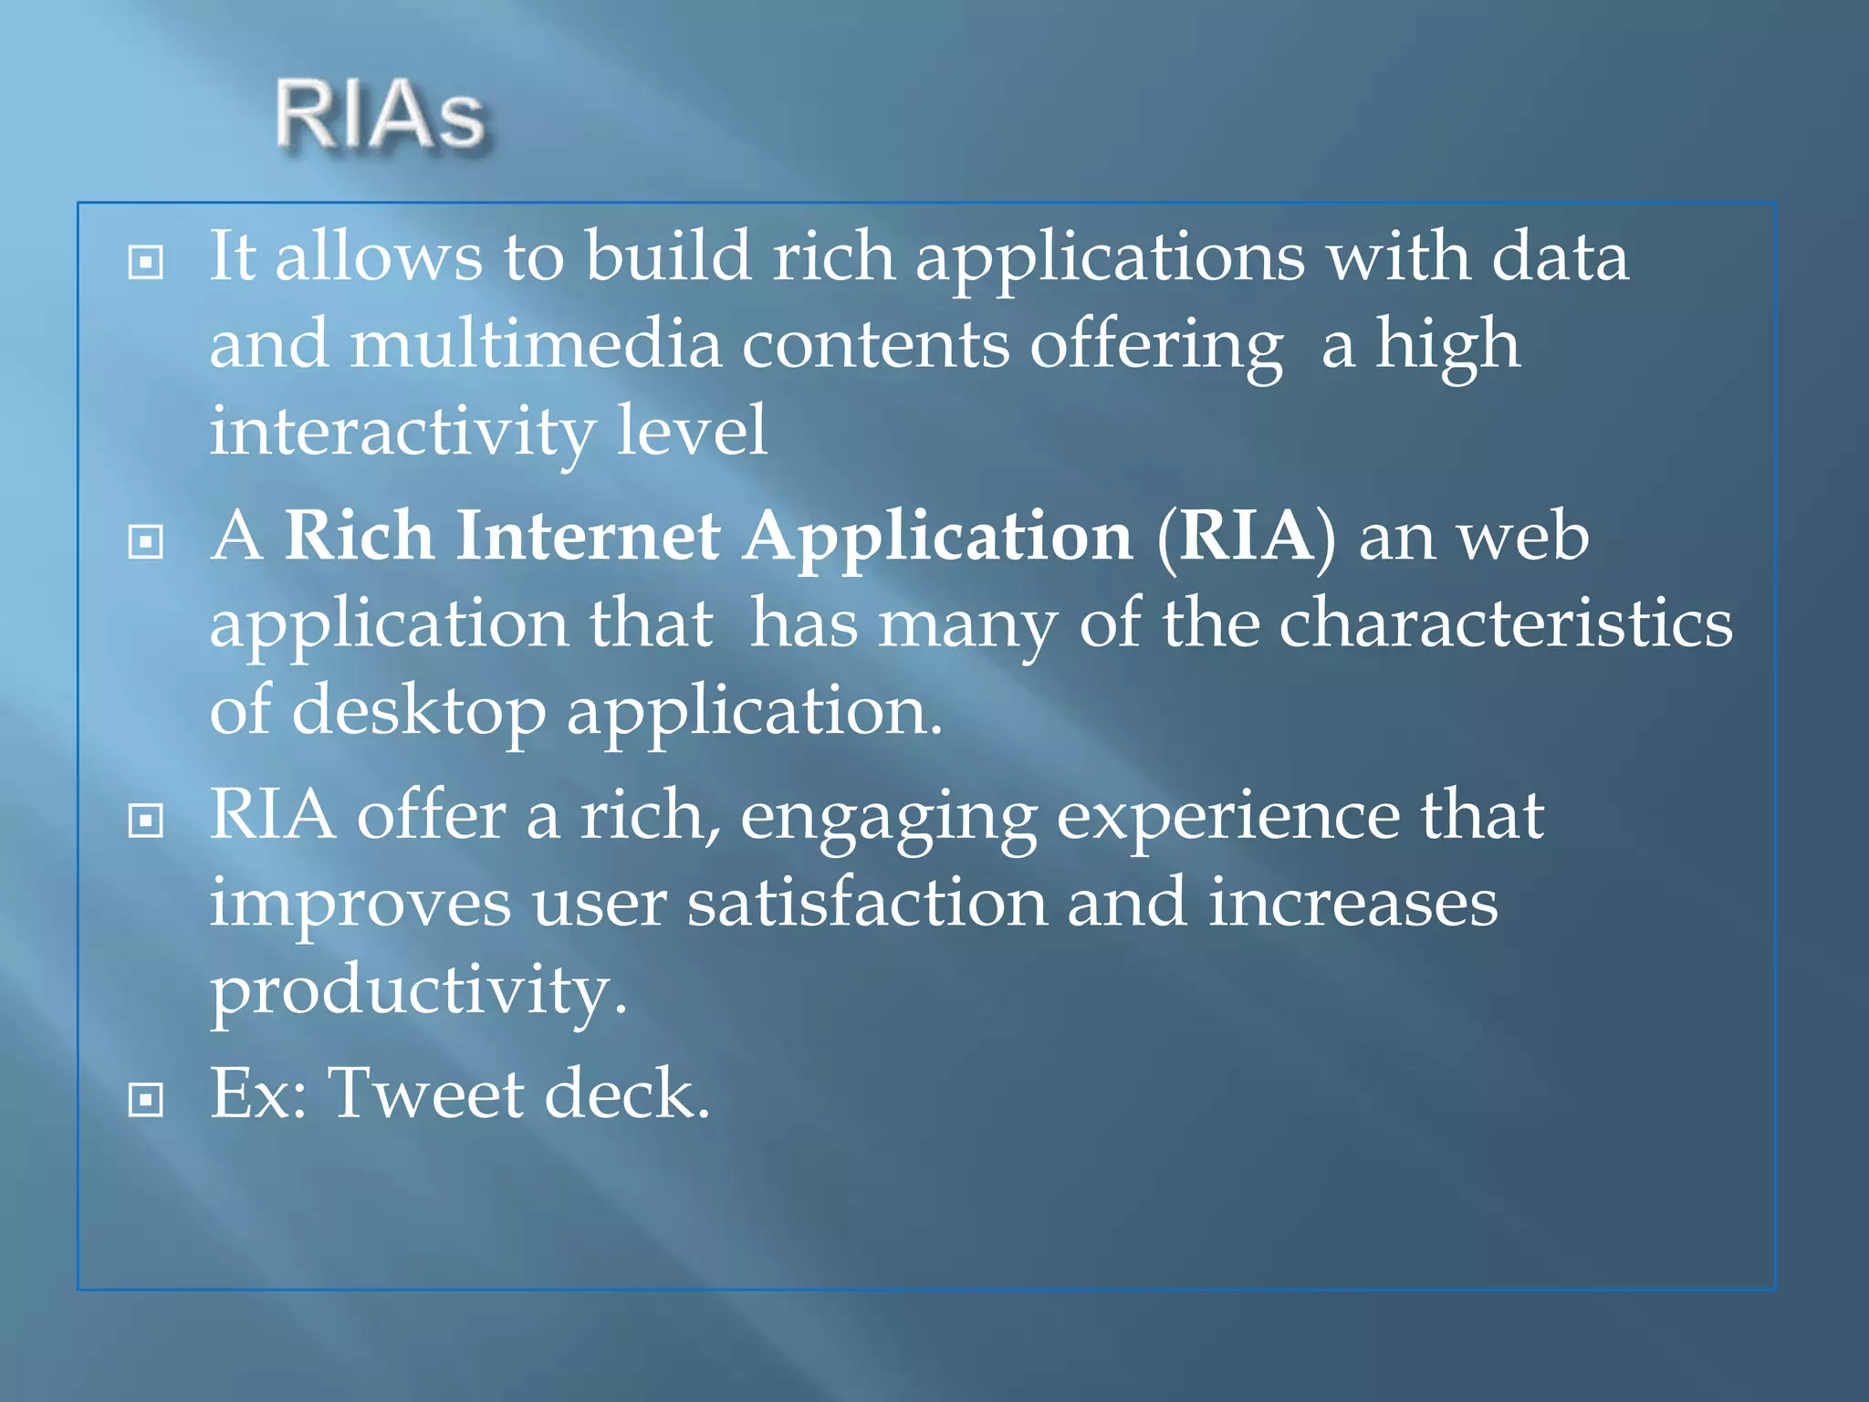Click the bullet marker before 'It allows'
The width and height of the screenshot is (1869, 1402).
(x=146, y=263)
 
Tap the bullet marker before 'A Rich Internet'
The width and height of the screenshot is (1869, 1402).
(x=146, y=542)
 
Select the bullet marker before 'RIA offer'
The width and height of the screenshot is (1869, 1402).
(x=146, y=821)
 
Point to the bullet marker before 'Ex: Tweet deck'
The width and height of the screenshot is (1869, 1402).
(x=146, y=1099)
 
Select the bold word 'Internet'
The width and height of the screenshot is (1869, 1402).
(x=589, y=536)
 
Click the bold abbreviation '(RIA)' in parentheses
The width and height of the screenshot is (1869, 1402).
(x=1246, y=538)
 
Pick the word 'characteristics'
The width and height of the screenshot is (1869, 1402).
(x=1505, y=624)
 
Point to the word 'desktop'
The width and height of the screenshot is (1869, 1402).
(x=419, y=713)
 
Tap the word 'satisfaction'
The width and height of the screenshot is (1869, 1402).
(x=867, y=904)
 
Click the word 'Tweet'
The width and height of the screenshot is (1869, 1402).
(x=425, y=1093)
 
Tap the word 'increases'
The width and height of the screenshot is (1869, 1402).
(x=1352, y=904)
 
